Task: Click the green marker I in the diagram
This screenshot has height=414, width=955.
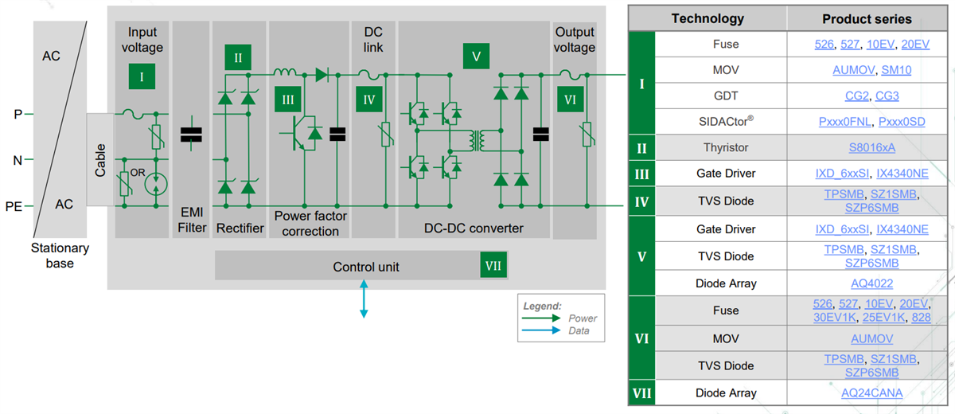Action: pos(142,77)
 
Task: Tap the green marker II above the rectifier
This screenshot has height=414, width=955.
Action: pos(237,57)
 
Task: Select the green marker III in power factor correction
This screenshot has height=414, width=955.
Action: pos(287,100)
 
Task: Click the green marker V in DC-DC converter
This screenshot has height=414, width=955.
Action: pos(476,57)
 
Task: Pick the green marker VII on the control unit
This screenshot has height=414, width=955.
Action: pos(493,266)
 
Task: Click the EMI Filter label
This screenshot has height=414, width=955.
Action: pos(191,220)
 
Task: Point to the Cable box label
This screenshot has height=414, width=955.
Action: pos(100,159)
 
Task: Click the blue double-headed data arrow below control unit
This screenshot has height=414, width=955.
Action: pos(364,300)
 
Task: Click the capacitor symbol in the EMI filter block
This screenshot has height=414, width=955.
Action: pos(191,135)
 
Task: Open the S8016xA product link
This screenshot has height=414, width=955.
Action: pos(867,147)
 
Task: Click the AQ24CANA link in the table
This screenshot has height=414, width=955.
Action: pos(867,393)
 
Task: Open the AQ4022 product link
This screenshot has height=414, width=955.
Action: pos(867,283)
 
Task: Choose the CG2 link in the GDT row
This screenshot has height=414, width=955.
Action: pos(851,96)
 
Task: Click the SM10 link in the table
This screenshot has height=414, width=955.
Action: pos(896,70)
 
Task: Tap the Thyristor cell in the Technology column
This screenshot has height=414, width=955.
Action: pos(725,147)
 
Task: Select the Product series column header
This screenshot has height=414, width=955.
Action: pos(867,18)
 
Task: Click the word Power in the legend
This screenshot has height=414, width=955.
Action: pos(583,318)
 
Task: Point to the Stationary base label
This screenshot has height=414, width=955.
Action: pos(60,255)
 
